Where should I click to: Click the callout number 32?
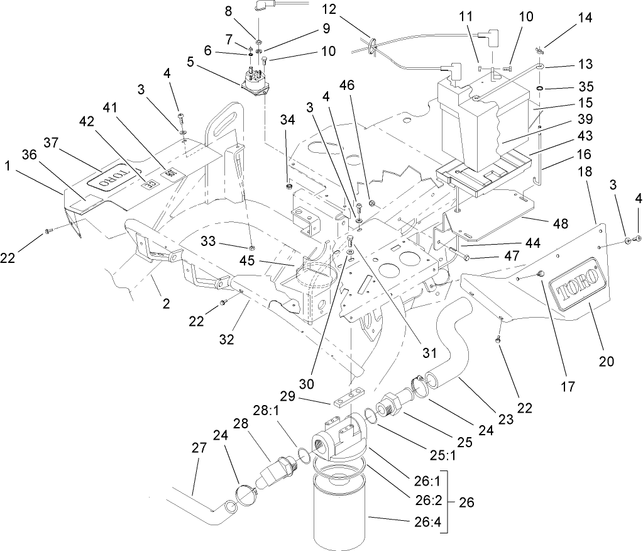point(226,339)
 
